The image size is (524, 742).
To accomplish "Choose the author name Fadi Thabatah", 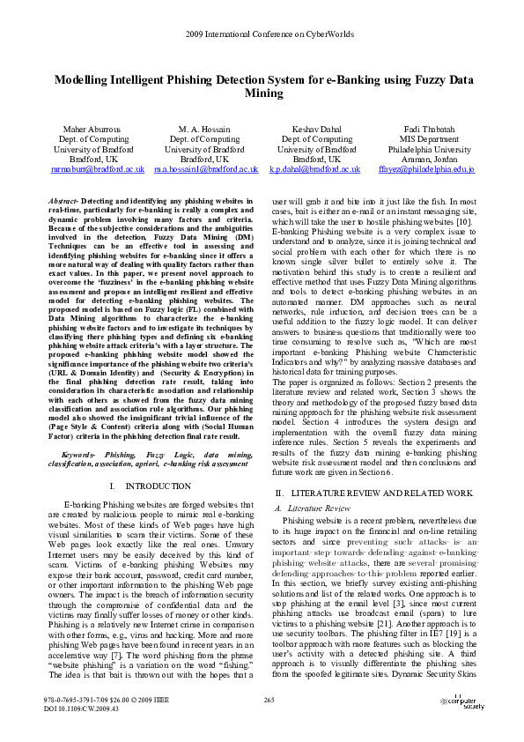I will coord(429,129).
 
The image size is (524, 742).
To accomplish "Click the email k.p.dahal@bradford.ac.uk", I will coord(314,168).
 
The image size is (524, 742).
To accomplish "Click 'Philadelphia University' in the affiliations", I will coord(429,149).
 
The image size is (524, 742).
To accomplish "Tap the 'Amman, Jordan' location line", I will coord(429,159).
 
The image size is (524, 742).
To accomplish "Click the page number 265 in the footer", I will coord(269,700).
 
